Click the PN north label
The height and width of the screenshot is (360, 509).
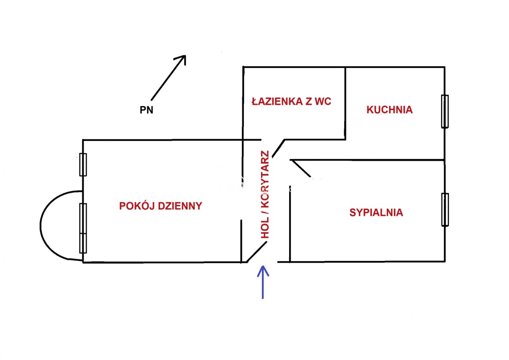pyautogui.click(x=146, y=110)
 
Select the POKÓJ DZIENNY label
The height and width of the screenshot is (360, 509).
pyautogui.click(x=161, y=206)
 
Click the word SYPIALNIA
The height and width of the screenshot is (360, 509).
pyautogui.click(x=376, y=213)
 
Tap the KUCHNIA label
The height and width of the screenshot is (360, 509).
pyautogui.click(x=389, y=110)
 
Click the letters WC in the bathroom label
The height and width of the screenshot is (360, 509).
pyautogui.click(x=323, y=101)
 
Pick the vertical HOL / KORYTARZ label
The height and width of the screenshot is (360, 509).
pyautogui.click(x=265, y=195)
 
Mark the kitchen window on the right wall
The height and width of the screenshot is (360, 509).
pyautogui.click(x=445, y=111)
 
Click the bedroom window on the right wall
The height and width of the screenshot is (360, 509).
pyautogui.click(x=445, y=210)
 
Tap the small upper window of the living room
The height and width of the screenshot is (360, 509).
pyautogui.click(x=83, y=164)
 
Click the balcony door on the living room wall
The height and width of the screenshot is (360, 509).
pyautogui.click(x=83, y=228)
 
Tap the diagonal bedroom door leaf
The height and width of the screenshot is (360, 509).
pyautogui.click(x=301, y=168)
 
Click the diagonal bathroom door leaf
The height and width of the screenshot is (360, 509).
pyautogui.click(x=278, y=148)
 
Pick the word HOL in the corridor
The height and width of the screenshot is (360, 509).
pyautogui.click(x=265, y=228)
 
